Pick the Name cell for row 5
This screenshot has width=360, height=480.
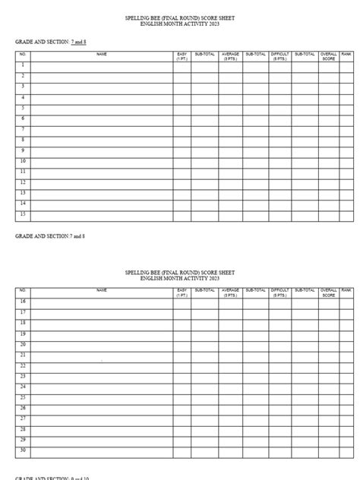[x=102, y=109]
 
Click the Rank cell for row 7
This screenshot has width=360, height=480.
[x=346, y=130]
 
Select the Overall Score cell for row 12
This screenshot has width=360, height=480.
[x=329, y=183]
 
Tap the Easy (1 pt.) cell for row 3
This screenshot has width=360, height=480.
[x=182, y=87]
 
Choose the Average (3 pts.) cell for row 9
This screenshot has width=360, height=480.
[x=229, y=151]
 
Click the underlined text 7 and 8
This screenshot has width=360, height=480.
[x=78, y=42]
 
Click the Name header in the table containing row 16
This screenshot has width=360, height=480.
[x=102, y=290]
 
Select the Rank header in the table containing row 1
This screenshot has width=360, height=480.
[x=346, y=55]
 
